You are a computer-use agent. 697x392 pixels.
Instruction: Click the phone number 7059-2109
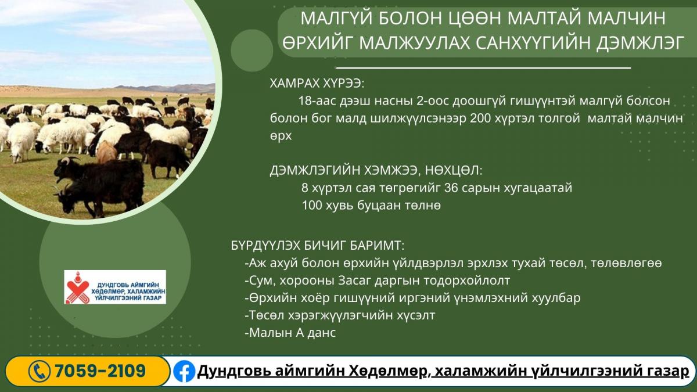coord(100,371)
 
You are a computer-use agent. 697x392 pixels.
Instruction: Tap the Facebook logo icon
coord(184,371)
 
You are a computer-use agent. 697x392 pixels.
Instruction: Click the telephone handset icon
coord(39,371)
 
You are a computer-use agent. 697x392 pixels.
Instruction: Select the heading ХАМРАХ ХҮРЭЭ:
coord(317,84)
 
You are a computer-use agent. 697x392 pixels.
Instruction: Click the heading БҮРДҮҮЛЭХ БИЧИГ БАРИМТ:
coord(318,246)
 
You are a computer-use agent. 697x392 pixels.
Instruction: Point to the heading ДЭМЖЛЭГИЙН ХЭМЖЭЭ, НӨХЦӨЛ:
coord(376,171)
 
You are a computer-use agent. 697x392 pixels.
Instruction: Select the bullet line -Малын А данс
coord(290,333)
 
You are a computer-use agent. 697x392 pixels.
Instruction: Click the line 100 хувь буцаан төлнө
coord(372,206)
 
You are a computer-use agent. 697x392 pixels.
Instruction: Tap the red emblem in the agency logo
coord(77,287)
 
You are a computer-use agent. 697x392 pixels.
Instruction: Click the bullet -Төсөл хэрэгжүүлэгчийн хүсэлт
coord(340,315)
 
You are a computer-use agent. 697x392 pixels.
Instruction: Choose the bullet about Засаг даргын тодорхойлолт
coord(378,280)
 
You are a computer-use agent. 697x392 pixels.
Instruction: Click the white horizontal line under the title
coord(483,67)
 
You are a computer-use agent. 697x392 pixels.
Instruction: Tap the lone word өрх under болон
coord(281,136)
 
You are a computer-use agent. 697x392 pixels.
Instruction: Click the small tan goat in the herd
coord(106,152)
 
